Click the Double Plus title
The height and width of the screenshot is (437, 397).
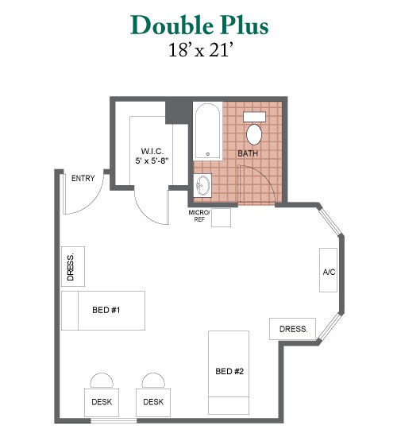(x=199, y=25)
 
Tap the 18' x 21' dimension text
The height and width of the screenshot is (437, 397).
(x=200, y=49)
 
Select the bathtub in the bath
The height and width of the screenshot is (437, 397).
(x=207, y=131)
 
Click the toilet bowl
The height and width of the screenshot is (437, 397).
(x=254, y=134)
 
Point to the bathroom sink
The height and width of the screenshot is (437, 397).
(x=202, y=186)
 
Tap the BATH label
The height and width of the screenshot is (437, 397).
(x=248, y=153)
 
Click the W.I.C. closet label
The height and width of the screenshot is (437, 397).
(x=152, y=156)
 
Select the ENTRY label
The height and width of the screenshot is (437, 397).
(x=83, y=178)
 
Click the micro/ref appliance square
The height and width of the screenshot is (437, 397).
(x=221, y=218)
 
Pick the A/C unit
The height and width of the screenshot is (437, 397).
(x=328, y=270)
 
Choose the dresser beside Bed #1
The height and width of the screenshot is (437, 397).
(x=73, y=266)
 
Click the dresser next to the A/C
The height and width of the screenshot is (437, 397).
(x=292, y=329)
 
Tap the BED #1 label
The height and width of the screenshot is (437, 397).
(x=106, y=310)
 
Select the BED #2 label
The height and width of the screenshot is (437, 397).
(x=229, y=371)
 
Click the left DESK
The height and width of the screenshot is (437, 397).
(x=102, y=403)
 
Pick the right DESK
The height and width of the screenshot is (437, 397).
(x=153, y=403)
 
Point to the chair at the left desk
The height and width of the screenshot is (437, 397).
(x=102, y=381)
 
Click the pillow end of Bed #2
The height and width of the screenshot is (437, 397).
(x=229, y=405)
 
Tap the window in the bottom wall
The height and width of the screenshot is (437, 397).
(x=114, y=420)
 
